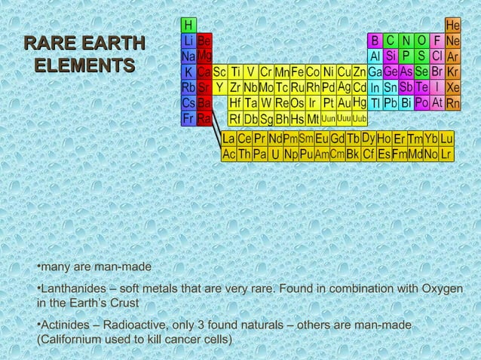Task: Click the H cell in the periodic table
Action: pos(188,25)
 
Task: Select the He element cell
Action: pos(453,25)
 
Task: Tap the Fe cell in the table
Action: pos(298,72)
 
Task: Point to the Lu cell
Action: pos(447,139)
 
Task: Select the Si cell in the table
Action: pos(391,56)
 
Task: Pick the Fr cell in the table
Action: pos(188,119)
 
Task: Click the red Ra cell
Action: pos(204,119)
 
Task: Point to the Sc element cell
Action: pos(219,72)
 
